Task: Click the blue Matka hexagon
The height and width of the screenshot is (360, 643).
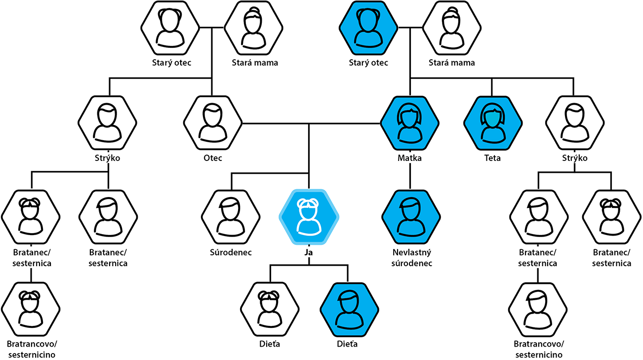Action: click(409, 123)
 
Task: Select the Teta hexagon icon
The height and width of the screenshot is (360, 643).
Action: click(492, 123)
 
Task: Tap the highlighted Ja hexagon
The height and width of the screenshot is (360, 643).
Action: click(309, 217)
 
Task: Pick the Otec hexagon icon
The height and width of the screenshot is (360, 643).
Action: click(213, 123)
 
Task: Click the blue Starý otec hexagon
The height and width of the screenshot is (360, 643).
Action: click(368, 28)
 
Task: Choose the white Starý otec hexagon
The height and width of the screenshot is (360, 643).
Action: click(170, 28)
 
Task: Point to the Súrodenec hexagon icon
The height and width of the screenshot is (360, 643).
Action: click(231, 217)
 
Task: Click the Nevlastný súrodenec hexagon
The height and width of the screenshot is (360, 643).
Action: click(411, 217)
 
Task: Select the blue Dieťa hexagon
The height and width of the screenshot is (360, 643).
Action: click(349, 310)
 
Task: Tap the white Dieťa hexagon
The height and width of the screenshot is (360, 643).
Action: click(270, 310)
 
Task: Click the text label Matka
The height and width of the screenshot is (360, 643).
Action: click(409, 158)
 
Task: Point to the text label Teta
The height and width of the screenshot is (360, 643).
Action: click(492, 158)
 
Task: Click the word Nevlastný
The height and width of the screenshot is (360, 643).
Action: click(412, 253)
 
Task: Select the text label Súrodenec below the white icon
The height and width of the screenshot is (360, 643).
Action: click(231, 252)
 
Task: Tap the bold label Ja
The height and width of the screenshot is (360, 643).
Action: click(309, 252)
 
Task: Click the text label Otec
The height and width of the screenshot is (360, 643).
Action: click(213, 158)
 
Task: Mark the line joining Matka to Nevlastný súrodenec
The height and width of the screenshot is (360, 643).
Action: click(410, 176)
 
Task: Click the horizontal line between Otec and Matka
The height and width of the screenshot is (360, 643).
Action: click(311, 123)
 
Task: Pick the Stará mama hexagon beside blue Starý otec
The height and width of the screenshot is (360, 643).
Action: click(452, 28)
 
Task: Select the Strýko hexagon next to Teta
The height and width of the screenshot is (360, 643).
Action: click(575, 123)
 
